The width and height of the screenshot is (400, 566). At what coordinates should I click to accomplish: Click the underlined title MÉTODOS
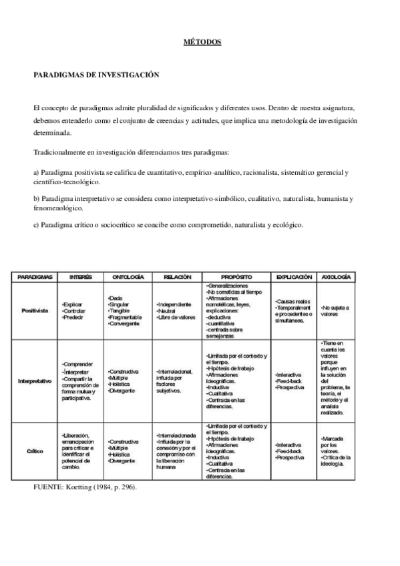[x=202, y=42]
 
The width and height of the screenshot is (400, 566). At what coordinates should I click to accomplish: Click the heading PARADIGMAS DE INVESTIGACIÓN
[x=96, y=75]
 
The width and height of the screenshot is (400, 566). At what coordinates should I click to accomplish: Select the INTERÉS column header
[x=81, y=276]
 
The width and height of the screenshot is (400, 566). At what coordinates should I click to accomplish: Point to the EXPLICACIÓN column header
[x=293, y=276]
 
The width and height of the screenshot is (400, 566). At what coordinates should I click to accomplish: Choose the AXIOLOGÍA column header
[x=337, y=276]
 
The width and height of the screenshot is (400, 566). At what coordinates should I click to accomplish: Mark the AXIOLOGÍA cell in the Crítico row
[x=338, y=451]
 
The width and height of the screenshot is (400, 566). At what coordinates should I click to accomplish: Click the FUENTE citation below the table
[x=84, y=489]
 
